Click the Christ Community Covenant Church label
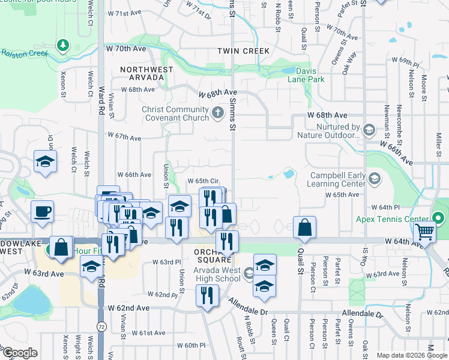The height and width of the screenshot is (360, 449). point(175,113)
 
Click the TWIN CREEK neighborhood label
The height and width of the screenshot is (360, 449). point(244,52)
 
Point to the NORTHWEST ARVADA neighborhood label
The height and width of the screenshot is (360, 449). point(146,73)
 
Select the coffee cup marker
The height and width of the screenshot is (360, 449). point(42,211)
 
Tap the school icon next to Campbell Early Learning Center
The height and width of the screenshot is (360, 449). point(375,178)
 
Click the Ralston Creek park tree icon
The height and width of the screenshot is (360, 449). point(62,44)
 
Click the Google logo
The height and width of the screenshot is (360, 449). point(19,353)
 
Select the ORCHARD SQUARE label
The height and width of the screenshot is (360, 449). point(212,255)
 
